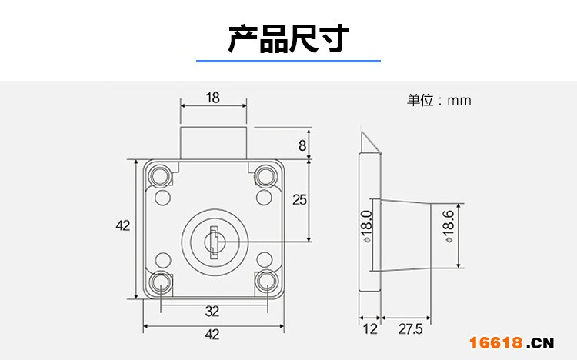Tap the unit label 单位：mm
[x=439, y=100]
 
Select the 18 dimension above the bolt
[x=213, y=98]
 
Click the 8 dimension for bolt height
[x=302, y=145]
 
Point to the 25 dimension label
[x=299, y=199]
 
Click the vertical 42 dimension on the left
[x=122, y=225]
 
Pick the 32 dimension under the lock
[x=212, y=312]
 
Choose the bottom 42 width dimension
[x=212, y=334]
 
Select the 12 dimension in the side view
[x=370, y=329]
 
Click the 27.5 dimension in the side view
[x=410, y=329]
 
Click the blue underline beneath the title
[x=288, y=60]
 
